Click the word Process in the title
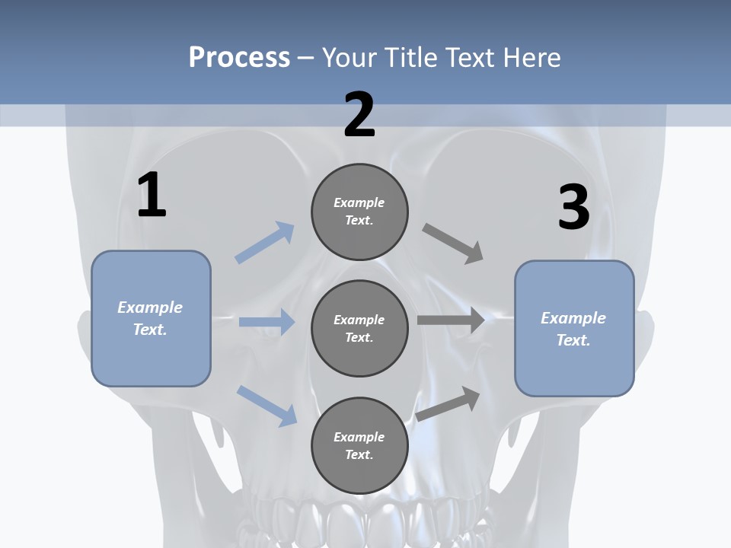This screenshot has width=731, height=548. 239,57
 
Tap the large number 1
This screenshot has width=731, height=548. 152,196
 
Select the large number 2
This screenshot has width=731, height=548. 359,115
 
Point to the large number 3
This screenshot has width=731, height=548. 573,207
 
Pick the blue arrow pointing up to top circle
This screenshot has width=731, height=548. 265,243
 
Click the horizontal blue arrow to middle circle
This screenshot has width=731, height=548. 267,322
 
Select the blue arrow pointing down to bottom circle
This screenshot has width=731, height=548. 267,405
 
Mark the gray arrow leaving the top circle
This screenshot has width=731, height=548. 454,244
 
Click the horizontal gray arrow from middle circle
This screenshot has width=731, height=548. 451,320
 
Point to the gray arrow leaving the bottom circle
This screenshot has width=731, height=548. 448,404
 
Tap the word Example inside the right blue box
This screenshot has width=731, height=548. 573,318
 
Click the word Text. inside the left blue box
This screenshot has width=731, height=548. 150,330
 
